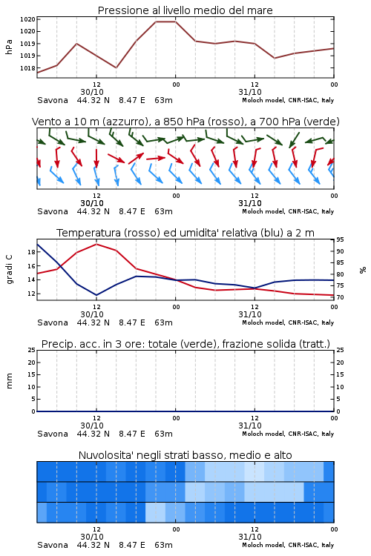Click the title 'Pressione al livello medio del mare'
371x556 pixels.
[x=185, y=10]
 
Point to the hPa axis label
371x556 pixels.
[x=9, y=47]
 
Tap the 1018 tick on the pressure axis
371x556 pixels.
[x=27, y=68]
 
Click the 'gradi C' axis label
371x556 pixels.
[x=9, y=269]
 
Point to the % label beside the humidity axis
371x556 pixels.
[x=363, y=270]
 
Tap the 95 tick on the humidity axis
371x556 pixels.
[x=340, y=239]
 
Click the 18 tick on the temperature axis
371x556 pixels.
[x=31, y=252]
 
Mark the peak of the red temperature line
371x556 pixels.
[x=96, y=244]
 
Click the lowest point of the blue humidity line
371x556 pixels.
[x=96, y=295]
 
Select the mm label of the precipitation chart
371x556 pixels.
[x=9, y=381]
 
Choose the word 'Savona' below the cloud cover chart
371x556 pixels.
[x=53, y=545]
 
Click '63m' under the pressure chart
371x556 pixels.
[x=164, y=100]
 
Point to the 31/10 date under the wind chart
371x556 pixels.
[x=250, y=203]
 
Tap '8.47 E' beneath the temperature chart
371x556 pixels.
[x=132, y=322]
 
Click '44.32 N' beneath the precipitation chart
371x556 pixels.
[x=93, y=434]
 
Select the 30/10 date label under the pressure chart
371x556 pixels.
[x=92, y=92]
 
